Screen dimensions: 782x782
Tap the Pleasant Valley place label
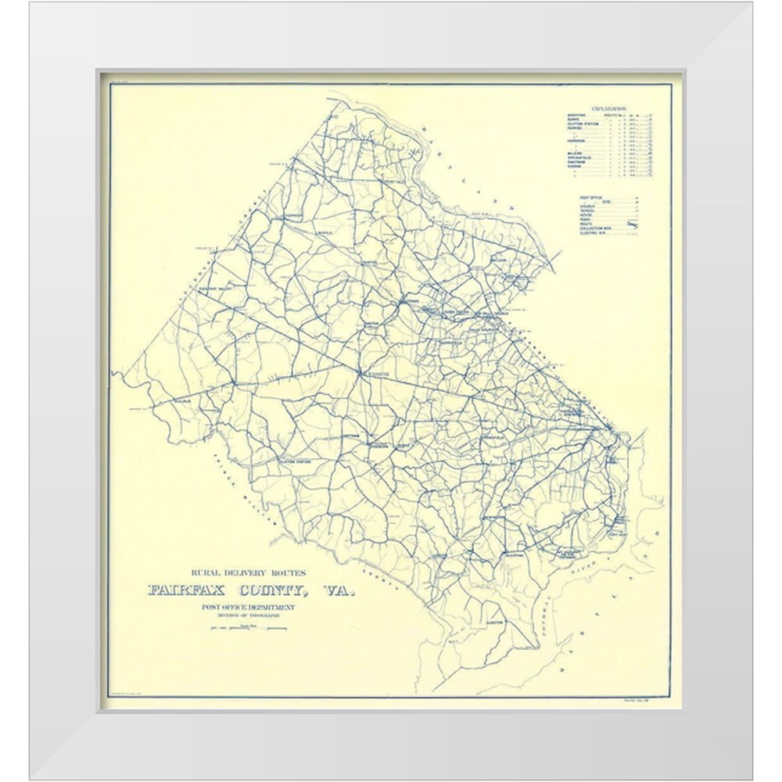pyautogui.click(x=217, y=289)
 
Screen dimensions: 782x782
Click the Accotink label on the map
pyautogui.click(x=513, y=554)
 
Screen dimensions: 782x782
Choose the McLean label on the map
pyautogui.click(x=499, y=260)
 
